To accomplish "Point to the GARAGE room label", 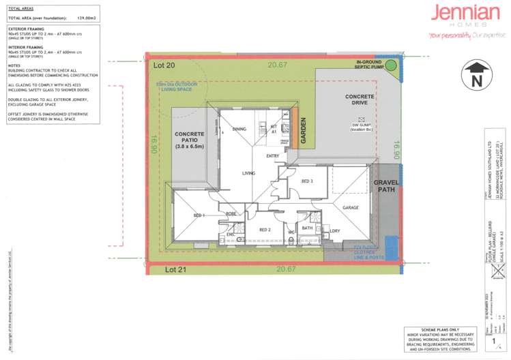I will (x=351, y=207).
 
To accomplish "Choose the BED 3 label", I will (x=307, y=181).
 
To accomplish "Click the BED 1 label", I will (x=199, y=215).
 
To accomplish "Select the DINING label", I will (x=239, y=129).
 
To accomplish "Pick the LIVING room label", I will (x=248, y=173).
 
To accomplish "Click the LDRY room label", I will (x=334, y=230).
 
